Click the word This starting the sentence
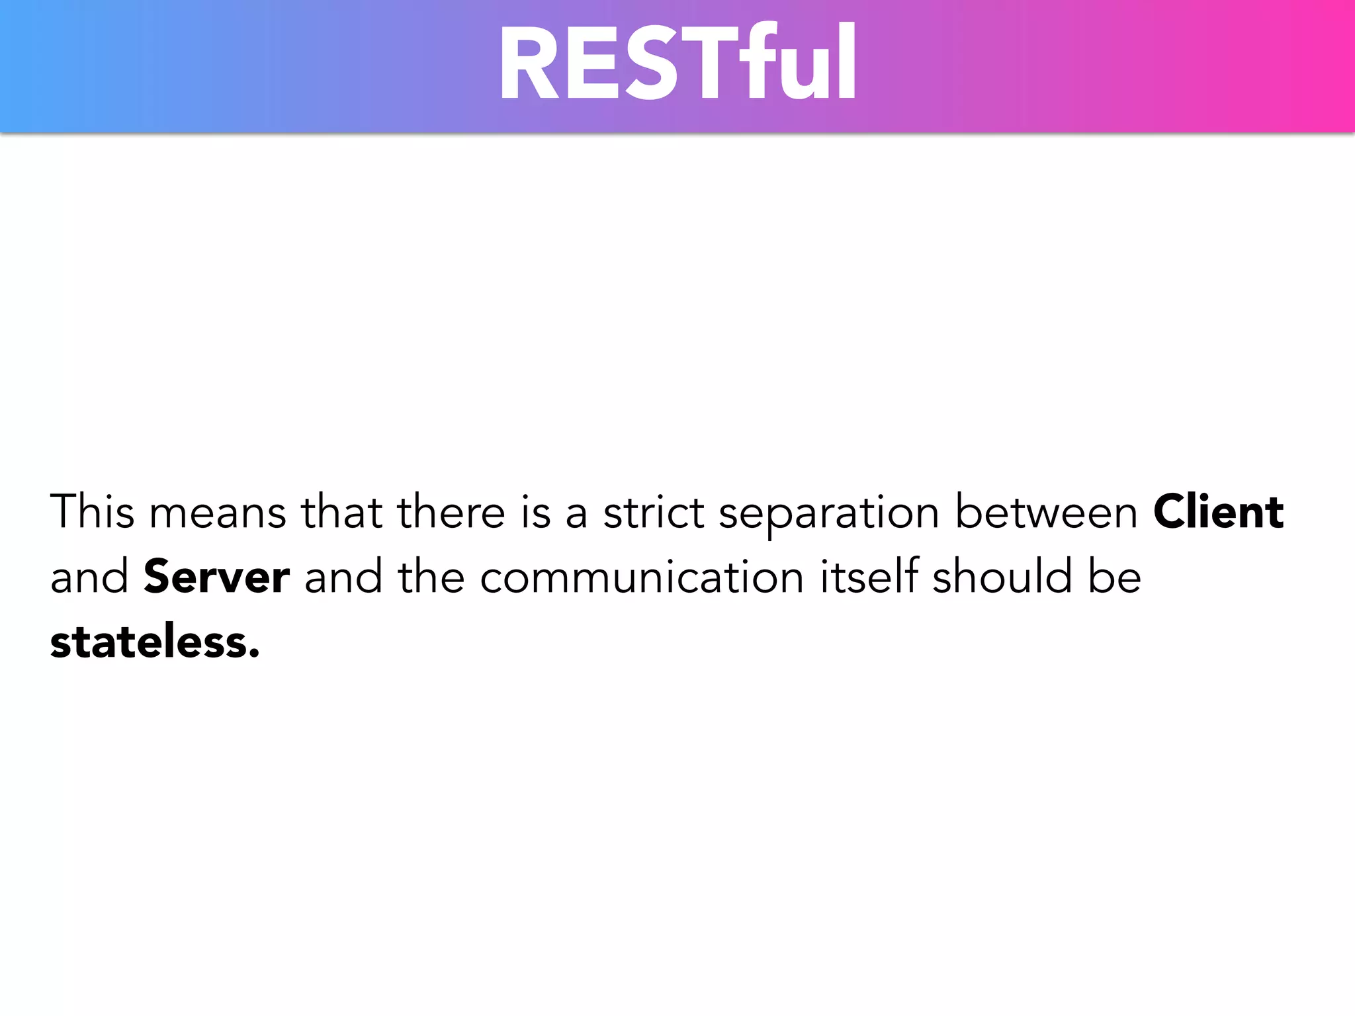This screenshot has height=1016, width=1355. click(92, 512)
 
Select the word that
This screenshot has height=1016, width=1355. click(341, 512)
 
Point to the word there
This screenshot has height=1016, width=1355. click(451, 512)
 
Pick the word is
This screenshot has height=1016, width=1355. click(535, 512)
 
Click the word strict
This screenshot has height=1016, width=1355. click(653, 512)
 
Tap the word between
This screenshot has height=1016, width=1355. click(1046, 512)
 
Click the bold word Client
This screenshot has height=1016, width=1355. click(1218, 512)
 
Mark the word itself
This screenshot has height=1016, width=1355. click(869, 575)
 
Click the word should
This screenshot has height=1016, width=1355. click(1002, 575)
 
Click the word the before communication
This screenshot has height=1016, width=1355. click(431, 575)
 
